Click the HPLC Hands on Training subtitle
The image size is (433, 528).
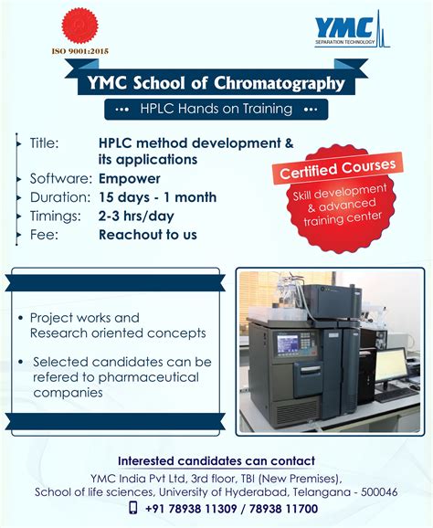coord(216,109)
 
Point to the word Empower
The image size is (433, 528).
coord(130,178)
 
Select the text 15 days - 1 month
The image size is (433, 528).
coord(158,197)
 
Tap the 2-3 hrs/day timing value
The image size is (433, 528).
coord(136,216)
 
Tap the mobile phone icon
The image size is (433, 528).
coord(133,508)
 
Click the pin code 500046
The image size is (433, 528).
coord(375,491)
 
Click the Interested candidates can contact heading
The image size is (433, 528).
coord(216,460)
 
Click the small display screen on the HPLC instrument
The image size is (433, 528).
coord(288,343)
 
